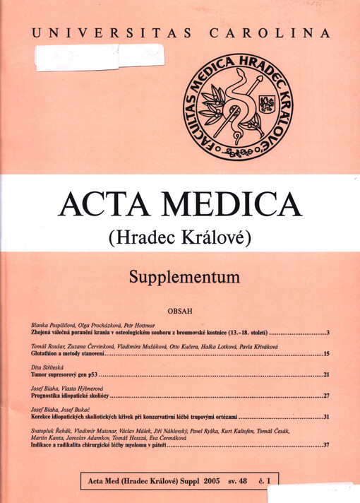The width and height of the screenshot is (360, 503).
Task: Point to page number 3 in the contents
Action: click(x=328, y=331)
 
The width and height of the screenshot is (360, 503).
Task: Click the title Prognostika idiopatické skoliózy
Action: click(x=71, y=396)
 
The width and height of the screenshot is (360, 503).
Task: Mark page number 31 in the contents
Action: click(x=326, y=418)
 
